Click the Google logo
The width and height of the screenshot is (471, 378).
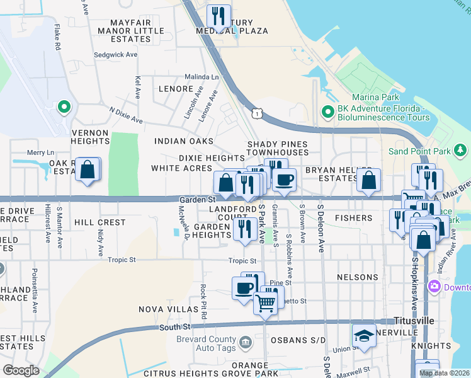[x=21, y=370]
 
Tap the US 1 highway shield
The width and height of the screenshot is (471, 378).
[x=256, y=113]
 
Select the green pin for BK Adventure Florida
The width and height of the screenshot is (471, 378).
[x=327, y=112]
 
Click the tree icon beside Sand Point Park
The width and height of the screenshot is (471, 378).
[x=461, y=151]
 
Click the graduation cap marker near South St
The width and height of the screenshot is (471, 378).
[x=363, y=335]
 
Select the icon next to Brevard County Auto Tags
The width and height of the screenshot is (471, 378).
[x=246, y=342]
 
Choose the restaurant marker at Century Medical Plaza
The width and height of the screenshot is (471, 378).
[x=218, y=16]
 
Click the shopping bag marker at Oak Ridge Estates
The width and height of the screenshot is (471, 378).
[x=88, y=170]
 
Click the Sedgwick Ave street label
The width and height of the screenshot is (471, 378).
[x=115, y=55]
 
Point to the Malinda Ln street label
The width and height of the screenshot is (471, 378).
[x=201, y=77]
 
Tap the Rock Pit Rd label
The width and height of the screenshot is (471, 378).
[x=203, y=302]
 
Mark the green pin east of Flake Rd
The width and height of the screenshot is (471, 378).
[x=63, y=108]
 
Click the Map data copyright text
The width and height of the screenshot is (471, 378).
[x=444, y=373]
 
